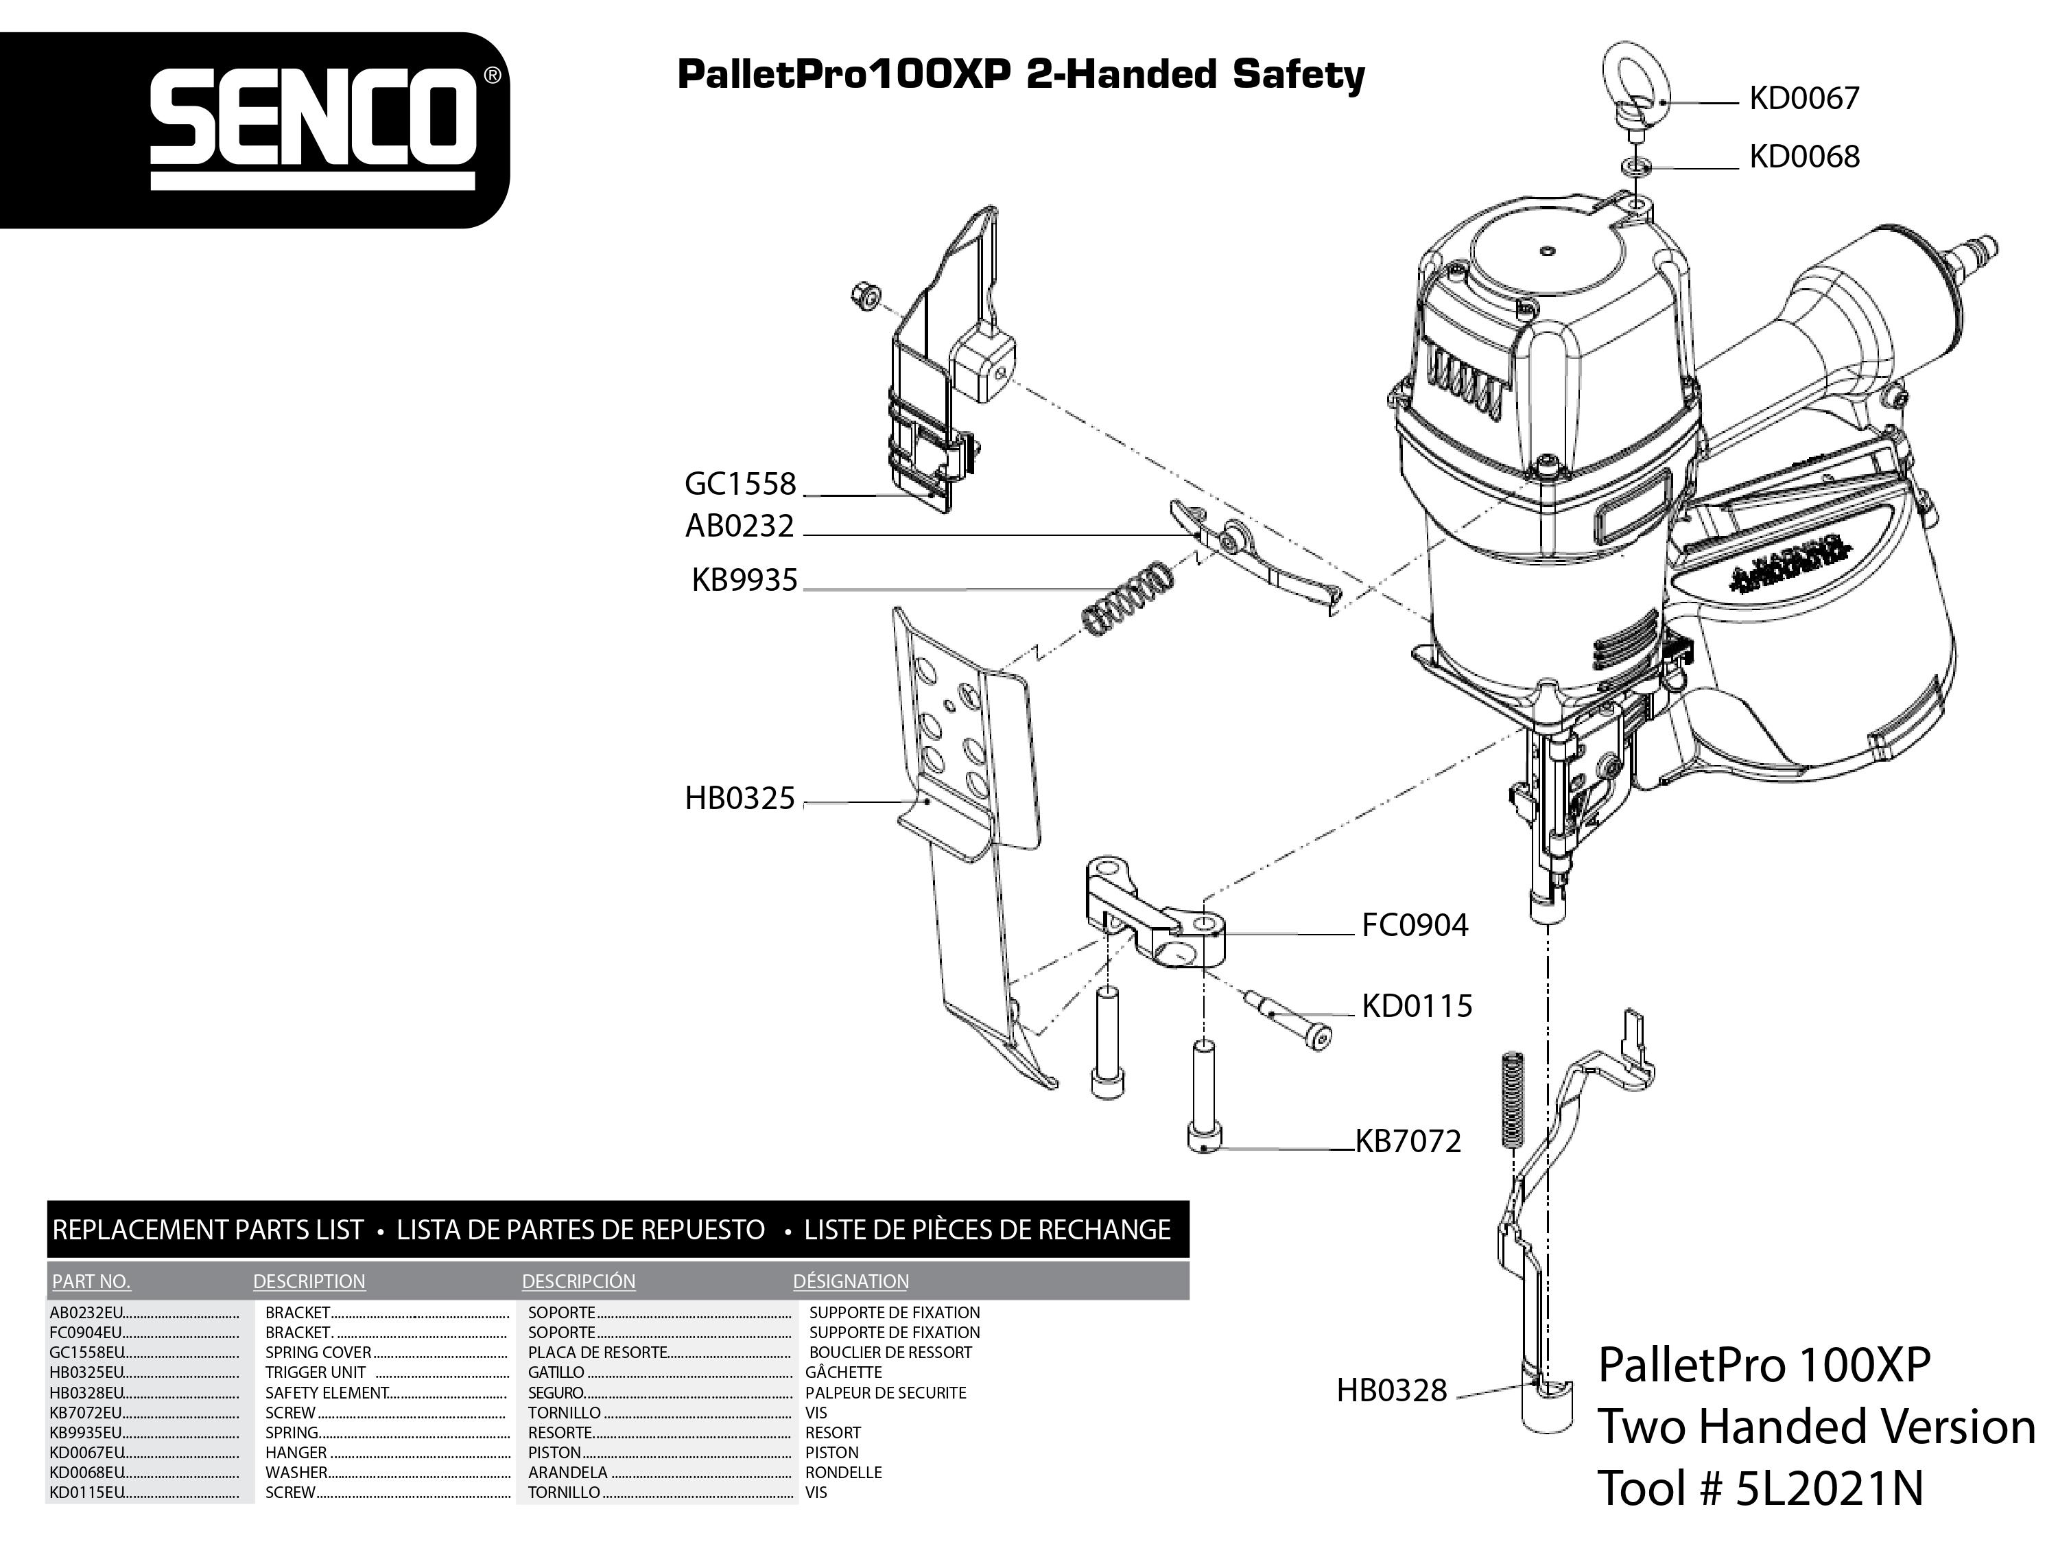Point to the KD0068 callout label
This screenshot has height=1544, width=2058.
pos(1803,156)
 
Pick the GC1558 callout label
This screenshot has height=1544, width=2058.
pos(741,484)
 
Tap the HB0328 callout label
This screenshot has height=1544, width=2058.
pos(1391,1390)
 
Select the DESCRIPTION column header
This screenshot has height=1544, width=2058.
pos(309,1282)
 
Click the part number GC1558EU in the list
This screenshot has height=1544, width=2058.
pos(87,1353)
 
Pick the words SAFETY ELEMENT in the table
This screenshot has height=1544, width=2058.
pos(326,1393)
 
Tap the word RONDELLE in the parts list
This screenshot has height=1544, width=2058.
pos(843,1473)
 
